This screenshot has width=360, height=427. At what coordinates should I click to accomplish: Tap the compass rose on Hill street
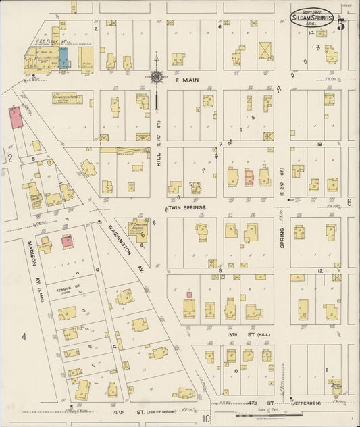tap(157, 78)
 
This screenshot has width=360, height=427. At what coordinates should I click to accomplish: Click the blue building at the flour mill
tap(63, 59)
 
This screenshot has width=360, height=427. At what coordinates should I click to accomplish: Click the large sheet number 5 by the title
tap(341, 26)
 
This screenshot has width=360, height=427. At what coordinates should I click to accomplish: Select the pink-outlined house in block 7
tap(248, 177)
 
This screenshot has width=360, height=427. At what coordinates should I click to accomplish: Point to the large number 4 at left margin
tap(23, 336)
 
